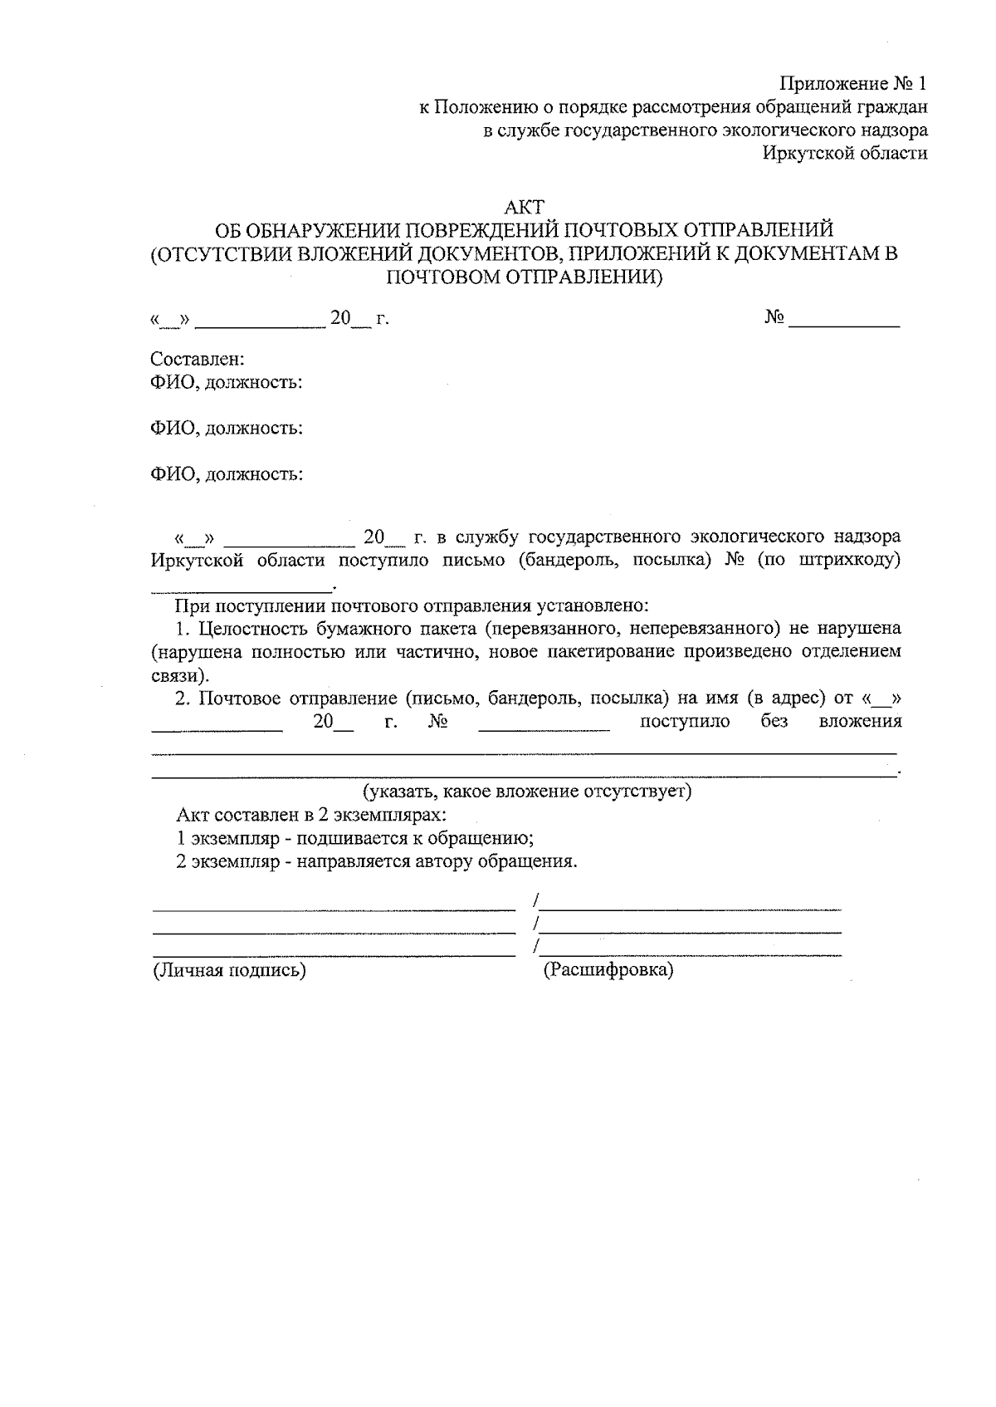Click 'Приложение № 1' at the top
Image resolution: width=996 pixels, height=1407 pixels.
852,84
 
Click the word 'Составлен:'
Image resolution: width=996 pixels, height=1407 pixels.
197,359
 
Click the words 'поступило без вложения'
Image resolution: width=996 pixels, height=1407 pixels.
770,721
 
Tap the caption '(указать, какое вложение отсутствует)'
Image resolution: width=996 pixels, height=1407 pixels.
527,791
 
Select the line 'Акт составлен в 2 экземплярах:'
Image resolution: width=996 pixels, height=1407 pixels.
312,815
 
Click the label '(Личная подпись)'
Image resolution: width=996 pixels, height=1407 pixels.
228,969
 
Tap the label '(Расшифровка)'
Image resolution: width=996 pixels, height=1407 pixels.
608,969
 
